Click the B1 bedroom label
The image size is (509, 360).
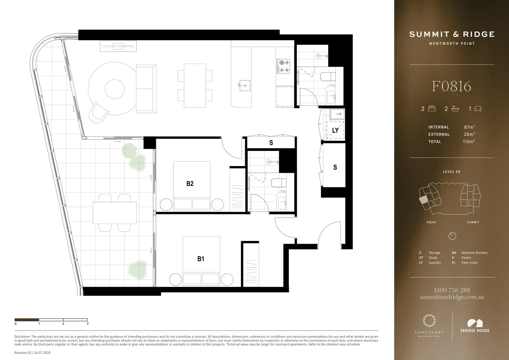(x=201, y=259)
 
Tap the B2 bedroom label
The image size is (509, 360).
(x=190, y=184)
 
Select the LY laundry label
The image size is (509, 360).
(x=335, y=130)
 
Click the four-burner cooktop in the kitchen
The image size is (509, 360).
(x=283, y=66)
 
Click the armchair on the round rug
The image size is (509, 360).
(x=99, y=112)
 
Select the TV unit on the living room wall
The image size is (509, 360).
(x=119, y=46)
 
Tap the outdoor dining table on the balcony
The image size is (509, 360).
(x=115, y=213)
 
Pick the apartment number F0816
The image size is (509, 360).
(x=451, y=86)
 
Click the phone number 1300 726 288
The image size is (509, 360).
(x=452, y=290)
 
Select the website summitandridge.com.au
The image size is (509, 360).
(x=452, y=297)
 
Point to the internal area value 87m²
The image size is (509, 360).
(x=469, y=127)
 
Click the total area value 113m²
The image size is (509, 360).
(x=468, y=142)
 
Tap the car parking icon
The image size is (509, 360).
(x=478, y=109)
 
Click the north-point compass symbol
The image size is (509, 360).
(x=452, y=236)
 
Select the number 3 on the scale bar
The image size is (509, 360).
(x=88, y=323)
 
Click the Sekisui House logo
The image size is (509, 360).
(x=475, y=326)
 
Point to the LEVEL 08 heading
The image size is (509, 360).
(x=451, y=172)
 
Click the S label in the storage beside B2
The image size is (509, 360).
(x=271, y=143)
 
